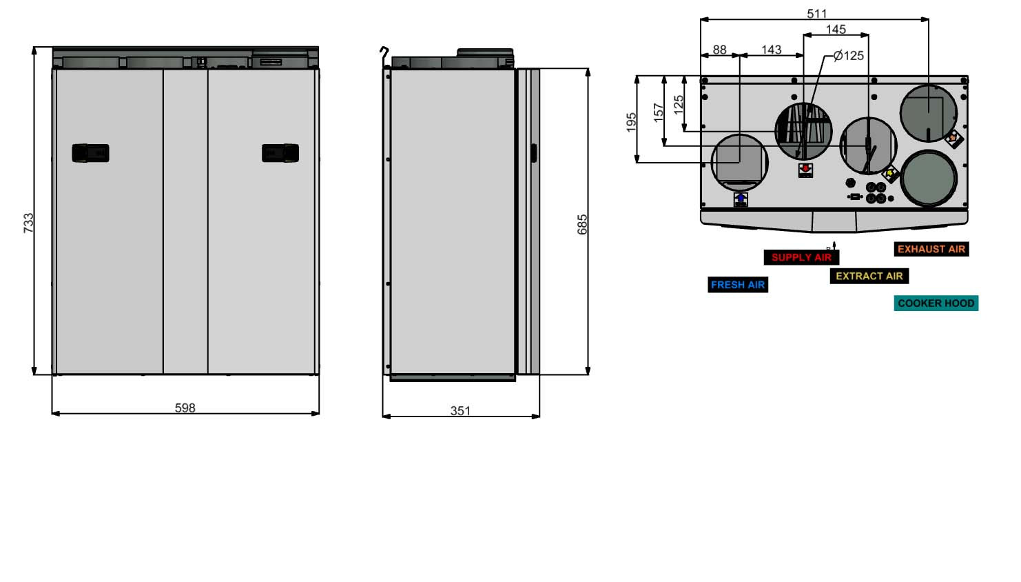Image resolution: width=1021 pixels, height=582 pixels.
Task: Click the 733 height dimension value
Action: click(28, 222)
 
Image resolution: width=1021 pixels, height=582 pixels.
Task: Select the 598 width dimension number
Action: click(185, 408)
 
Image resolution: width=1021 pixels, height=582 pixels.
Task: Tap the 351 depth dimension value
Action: click(460, 410)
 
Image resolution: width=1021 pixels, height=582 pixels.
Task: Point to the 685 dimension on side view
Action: click(582, 224)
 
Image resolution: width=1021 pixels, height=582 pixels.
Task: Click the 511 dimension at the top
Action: click(816, 14)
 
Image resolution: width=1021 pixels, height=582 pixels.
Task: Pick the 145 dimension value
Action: click(836, 30)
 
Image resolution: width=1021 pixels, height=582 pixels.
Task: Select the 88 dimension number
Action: click(719, 50)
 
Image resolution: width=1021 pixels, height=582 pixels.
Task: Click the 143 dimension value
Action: click(771, 50)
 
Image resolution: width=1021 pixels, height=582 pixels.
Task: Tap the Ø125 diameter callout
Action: click(848, 56)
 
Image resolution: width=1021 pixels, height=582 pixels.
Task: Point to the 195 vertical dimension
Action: click(632, 122)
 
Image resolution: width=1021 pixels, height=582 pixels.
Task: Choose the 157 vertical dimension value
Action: click(659, 112)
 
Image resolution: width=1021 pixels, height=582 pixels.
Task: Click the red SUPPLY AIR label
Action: click(801, 257)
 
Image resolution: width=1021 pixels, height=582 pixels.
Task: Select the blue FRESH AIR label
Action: click(738, 285)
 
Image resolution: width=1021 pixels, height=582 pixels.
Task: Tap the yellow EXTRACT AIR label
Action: click(869, 276)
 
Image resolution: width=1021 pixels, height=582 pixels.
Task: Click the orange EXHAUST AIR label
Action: click(931, 249)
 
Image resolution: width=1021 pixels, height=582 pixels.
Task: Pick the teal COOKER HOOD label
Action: click(936, 303)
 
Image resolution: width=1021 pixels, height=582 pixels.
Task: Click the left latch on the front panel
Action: click(90, 153)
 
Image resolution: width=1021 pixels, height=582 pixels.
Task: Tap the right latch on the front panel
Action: click(280, 153)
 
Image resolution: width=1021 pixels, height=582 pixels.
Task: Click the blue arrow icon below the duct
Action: click(741, 199)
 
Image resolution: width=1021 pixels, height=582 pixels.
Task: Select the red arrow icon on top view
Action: click(805, 170)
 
